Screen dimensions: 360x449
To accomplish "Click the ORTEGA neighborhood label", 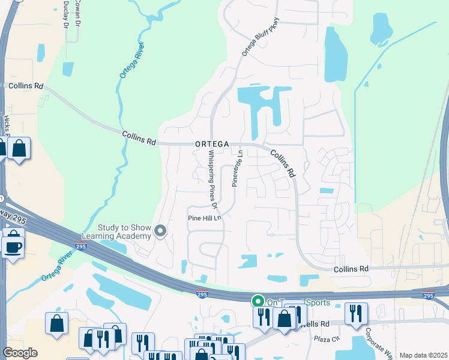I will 211,144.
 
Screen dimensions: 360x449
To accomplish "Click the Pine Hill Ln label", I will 205,218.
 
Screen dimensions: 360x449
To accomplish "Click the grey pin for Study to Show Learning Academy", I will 160,231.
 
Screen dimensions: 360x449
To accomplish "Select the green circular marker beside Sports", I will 258,302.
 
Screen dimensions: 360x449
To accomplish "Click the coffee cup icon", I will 13,246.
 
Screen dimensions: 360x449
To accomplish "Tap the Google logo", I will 20,353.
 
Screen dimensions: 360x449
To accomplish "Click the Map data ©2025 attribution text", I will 423,355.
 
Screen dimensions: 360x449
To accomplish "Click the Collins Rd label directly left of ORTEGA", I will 139,139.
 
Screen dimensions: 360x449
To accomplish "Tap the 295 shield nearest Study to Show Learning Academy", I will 80,246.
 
